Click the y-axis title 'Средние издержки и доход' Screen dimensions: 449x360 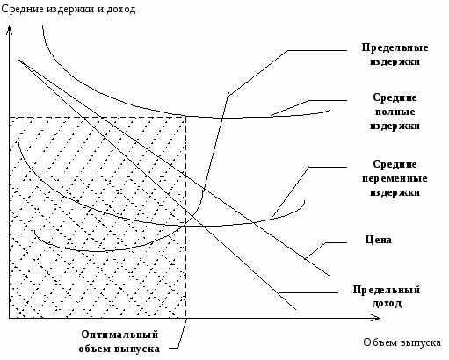(x=69, y=10)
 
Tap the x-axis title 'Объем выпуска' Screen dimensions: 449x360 (x=402, y=342)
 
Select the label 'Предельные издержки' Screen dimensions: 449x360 (x=395, y=54)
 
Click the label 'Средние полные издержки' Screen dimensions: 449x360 (x=395, y=112)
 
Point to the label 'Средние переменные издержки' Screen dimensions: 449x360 (x=395, y=178)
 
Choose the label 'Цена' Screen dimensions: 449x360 (x=379, y=240)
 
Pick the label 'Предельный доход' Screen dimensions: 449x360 (x=387, y=296)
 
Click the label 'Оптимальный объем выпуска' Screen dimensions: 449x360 (x=119, y=342)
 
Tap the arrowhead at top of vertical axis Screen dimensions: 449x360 (x=10, y=28)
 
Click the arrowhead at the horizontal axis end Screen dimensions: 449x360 (x=378, y=318)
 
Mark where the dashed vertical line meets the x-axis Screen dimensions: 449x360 (x=186, y=318)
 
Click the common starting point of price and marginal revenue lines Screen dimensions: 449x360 (x=18, y=60)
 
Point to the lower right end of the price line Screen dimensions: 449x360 (x=330, y=276)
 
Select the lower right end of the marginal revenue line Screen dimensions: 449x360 (x=296, y=309)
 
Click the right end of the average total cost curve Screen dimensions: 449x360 (x=330, y=110)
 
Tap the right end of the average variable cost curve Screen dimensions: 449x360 (x=305, y=201)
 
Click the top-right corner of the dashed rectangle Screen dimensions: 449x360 (x=186, y=117)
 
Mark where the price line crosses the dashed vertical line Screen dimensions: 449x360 (x=186, y=176)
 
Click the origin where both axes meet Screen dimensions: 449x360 (x=10, y=318)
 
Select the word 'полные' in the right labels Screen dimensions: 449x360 (x=395, y=112)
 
